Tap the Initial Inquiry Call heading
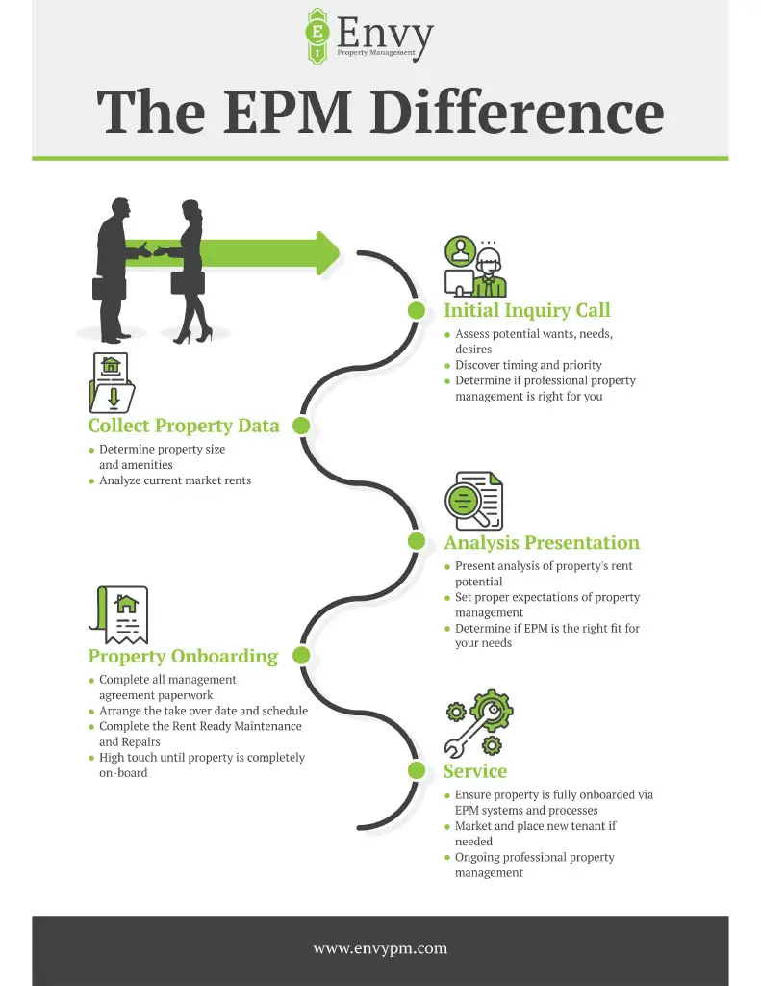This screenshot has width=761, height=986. pyautogui.click(x=526, y=310)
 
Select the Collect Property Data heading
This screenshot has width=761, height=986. pyautogui.click(x=184, y=426)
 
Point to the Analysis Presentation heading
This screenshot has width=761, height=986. pyautogui.click(x=541, y=542)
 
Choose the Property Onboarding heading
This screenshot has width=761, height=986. pyautogui.click(x=183, y=657)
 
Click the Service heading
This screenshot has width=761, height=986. pyautogui.click(x=474, y=771)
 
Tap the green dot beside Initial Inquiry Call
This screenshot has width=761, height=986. pyautogui.click(x=417, y=310)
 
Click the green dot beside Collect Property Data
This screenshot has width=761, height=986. pyautogui.click(x=301, y=426)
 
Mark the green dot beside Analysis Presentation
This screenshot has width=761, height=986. pyautogui.click(x=417, y=541)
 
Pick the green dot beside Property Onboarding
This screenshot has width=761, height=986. pyautogui.click(x=301, y=656)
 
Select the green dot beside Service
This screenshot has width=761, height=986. pyautogui.click(x=417, y=770)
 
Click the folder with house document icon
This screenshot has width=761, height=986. pyautogui.click(x=112, y=383)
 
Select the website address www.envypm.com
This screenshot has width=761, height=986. pyautogui.click(x=380, y=948)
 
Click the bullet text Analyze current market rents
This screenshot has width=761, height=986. pyautogui.click(x=175, y=480)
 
